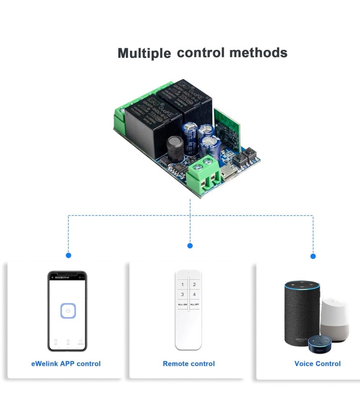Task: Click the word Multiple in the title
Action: [x=144, y=53]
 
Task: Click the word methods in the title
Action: [x=258, y=52]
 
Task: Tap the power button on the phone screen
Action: [x=67, y=311]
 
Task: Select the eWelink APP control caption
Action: [x=66, y=364]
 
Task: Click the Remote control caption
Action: [x=189, y=364]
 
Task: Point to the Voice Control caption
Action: [x=317, y=364]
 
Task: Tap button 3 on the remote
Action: [x=182, y=294]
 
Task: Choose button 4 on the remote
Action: [x=194, y=294]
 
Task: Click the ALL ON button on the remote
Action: [x=182, y=304]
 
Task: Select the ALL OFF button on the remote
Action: [x=194, y=304]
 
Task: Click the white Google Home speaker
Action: [x=335, y=319]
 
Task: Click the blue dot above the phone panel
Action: [x=68, y=255]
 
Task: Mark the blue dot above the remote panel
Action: [x=190, y=245]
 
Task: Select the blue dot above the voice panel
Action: [x=313, y=256]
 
